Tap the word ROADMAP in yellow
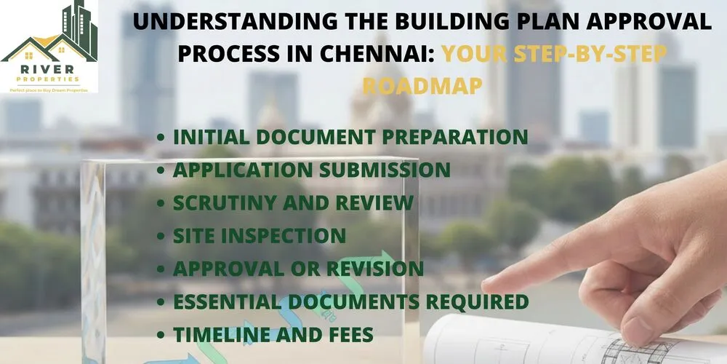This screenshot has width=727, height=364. [x=422, y=86]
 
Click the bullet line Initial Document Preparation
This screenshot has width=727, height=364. [x=350, y=137]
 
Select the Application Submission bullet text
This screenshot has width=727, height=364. [x=311, y=170]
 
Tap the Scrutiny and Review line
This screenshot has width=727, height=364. [x=293, y=202]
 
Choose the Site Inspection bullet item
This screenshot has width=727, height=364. [x=259, y=235]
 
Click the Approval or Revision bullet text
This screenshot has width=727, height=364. [x=298, y=268]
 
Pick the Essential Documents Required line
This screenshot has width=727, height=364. [x=350, y=301]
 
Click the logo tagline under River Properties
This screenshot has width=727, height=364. [x=49, y=89]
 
